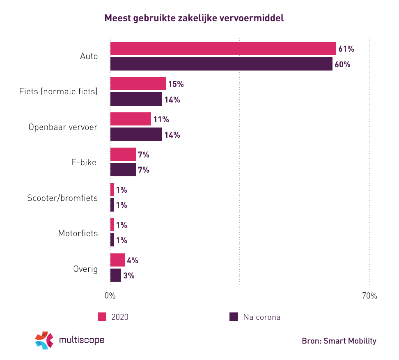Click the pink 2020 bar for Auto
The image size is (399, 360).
(223, 49)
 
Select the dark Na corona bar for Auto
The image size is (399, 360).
(221, 64)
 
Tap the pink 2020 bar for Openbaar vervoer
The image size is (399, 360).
(131, 119)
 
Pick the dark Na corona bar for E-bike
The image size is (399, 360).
(123, 170)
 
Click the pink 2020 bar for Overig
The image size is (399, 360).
(117, 260)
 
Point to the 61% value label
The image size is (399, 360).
(346, 49)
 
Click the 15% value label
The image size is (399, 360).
(175, 84)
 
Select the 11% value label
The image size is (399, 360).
(161, 120)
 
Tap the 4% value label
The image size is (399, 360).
(132, 261)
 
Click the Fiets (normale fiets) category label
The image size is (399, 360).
(58, 91)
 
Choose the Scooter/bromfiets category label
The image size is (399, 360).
(62, 198)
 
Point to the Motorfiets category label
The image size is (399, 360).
(78, 233)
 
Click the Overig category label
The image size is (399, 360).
(85, 269)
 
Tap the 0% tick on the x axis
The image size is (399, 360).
(110, 296)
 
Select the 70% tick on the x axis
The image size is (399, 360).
(369, 296)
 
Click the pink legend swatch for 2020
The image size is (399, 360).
(102, 317)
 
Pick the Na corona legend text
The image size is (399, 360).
(261, 317)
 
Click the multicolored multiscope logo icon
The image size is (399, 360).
(44, 340)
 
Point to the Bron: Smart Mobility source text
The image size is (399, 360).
(339, 341)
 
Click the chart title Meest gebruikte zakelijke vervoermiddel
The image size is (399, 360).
(194, 18)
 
